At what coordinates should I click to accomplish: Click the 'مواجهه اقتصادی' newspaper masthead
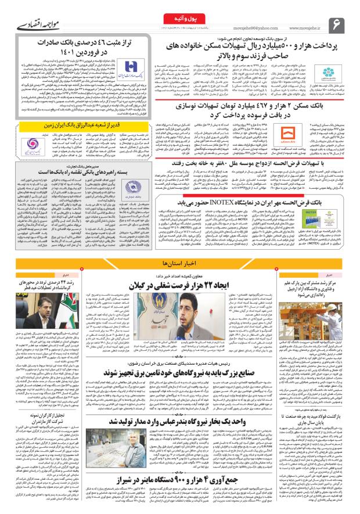[x=31, y=26]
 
